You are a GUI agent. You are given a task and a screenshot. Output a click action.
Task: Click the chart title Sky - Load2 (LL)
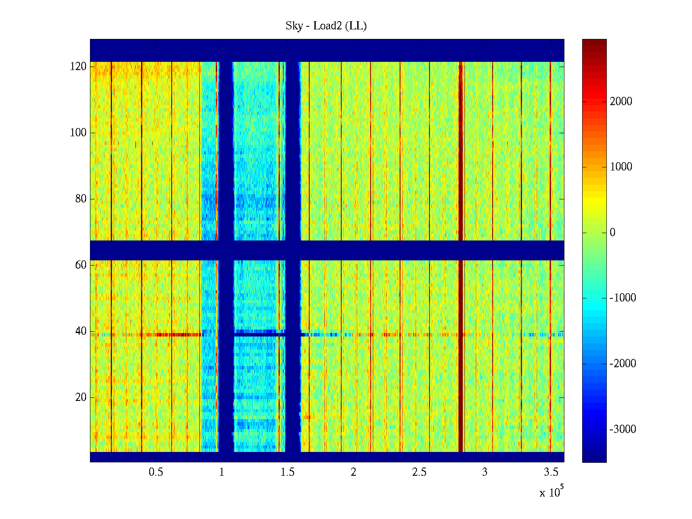tap(326, 26)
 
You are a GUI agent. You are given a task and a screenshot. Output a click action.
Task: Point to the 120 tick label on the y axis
tap(78, 67)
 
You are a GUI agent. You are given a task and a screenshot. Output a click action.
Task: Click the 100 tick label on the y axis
tap(78, 133)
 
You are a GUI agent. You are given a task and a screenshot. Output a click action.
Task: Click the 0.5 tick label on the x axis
tap(156, 472)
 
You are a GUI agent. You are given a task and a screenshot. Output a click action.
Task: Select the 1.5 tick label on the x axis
tap(288, 472)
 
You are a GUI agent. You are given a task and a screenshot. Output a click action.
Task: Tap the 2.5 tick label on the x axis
tap(419, 472)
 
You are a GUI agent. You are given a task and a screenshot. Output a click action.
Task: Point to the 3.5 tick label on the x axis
tap(551, 472)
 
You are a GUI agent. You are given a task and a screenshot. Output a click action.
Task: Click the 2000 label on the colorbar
tap(621, 102)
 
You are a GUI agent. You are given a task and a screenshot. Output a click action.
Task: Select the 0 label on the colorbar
tap(612, 233)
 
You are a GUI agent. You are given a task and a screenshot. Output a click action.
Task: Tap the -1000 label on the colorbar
tap(623, 298)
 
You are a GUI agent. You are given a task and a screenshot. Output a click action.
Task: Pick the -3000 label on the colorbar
tap(623, 429)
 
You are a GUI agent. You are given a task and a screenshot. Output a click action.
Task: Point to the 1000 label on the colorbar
tap(621, 167)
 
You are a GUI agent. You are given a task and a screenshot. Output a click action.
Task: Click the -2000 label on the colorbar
tap(623, 364)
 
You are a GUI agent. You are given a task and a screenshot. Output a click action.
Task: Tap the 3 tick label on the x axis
tap(485, 472)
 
